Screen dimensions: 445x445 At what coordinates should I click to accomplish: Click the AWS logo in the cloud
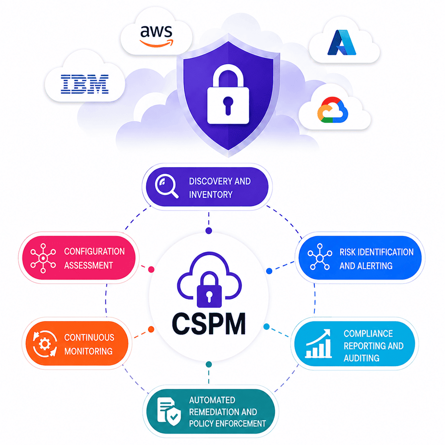156,36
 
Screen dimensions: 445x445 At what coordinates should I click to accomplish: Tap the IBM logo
84,84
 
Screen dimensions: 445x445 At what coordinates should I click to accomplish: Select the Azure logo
342,43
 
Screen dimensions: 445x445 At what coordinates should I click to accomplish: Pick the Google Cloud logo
333,109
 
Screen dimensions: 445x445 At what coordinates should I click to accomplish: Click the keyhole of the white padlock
228,105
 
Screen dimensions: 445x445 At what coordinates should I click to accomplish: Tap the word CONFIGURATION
94,251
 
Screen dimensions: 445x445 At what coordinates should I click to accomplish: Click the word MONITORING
88,351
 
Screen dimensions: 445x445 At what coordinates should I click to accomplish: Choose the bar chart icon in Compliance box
318,344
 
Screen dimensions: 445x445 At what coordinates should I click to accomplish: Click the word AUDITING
361,358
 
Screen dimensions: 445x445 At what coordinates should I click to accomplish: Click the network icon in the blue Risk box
320,257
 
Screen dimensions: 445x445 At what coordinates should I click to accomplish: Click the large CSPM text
209,323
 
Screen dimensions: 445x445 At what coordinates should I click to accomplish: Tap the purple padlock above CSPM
209,289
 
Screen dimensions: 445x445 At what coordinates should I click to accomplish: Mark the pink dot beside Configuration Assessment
151,269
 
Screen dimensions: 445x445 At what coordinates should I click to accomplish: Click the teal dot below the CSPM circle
209,364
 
